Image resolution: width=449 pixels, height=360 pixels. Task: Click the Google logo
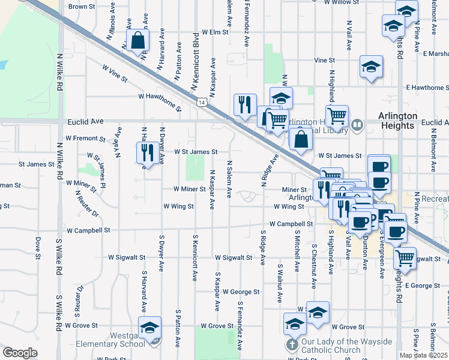coord(20,353)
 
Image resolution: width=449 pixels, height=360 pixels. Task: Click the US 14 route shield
coord(204,103)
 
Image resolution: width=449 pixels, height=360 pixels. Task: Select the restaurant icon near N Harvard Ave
coord(145,152)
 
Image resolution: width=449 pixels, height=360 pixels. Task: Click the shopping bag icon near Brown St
coord(137,41)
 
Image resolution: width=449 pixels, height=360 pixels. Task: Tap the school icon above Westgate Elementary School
coord(149,328)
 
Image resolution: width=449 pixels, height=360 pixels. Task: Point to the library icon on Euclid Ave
coord(357,125)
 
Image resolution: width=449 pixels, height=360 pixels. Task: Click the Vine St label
coord(324,60)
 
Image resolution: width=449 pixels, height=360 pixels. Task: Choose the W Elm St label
coord(215,32)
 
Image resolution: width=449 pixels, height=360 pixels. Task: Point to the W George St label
coord(240,292)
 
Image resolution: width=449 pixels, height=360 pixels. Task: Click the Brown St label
coord(82,7)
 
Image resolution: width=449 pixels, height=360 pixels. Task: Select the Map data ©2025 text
coord(423,355)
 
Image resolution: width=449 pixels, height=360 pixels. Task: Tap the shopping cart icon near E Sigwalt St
coord(405,258)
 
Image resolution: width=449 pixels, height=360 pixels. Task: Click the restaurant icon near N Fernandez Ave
coord(244,105)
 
